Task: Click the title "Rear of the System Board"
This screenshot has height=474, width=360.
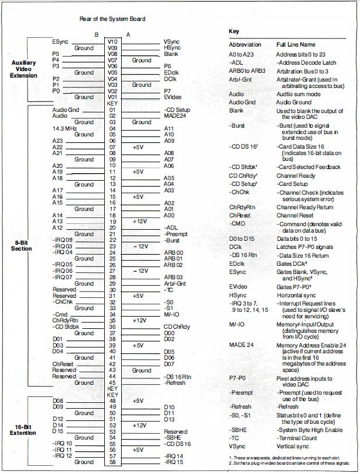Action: [112, 19]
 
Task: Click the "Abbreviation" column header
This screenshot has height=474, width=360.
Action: [245, 44]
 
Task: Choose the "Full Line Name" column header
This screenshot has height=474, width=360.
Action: [295, 44]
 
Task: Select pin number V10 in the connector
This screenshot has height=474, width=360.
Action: [112, 41]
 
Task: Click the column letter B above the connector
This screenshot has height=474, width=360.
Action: [97, 34]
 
